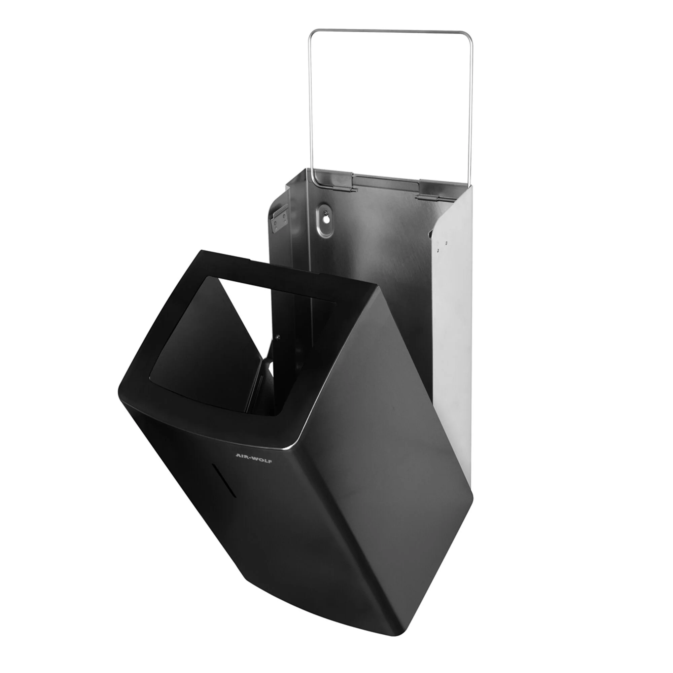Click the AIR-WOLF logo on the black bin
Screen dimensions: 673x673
(x=254, y=459)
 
